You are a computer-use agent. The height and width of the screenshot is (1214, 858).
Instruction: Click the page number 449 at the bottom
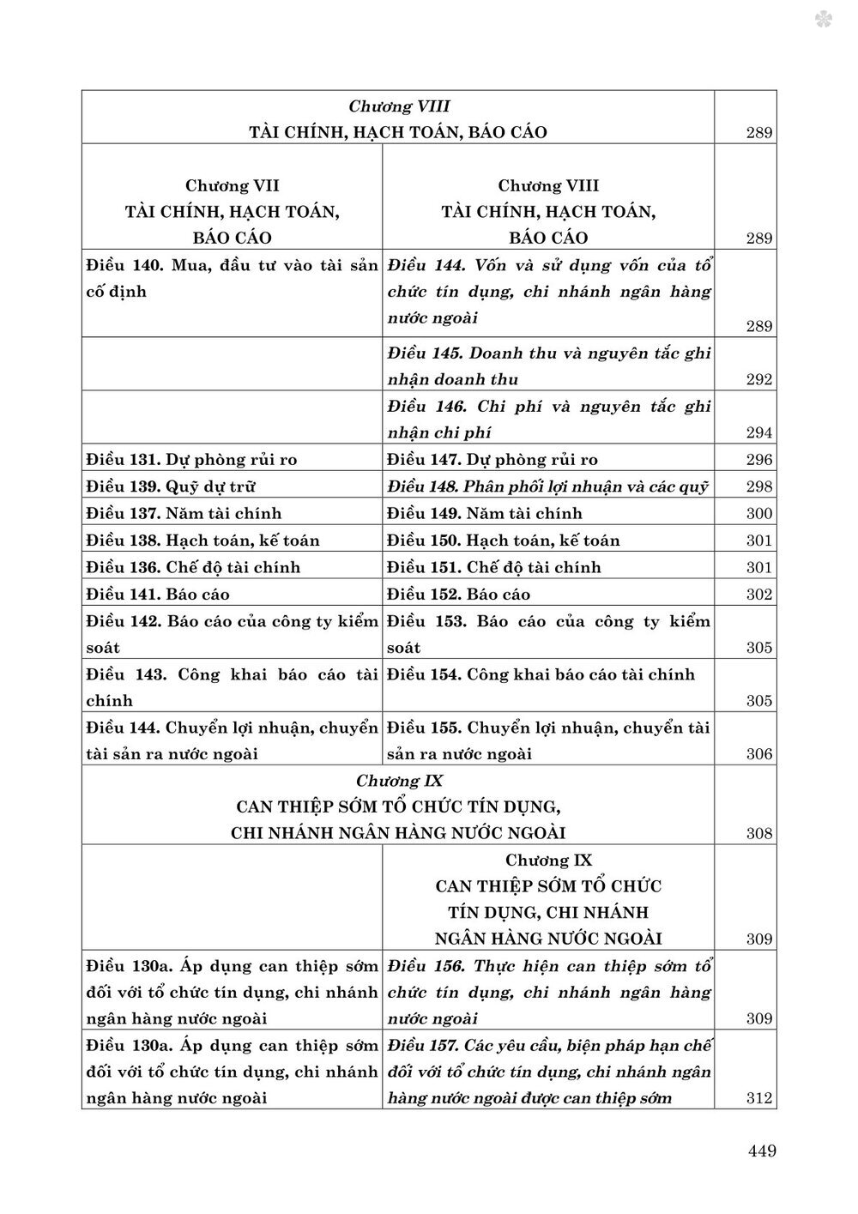coord(759,1151)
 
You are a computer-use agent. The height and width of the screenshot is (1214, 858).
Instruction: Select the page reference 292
coord(758,379)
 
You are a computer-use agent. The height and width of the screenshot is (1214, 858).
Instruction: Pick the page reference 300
coord(758,514)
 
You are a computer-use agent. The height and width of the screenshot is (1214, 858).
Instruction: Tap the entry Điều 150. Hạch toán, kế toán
coord(504,541)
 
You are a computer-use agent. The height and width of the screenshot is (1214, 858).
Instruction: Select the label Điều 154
coord(425,674)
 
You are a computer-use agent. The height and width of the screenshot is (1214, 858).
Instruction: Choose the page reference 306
coord(758,754)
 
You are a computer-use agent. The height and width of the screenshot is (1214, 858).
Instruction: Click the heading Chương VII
coord(232,185)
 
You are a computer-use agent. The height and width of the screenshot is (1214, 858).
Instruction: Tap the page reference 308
coord(758,833)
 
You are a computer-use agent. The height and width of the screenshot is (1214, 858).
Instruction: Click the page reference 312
coord(758,1098)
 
